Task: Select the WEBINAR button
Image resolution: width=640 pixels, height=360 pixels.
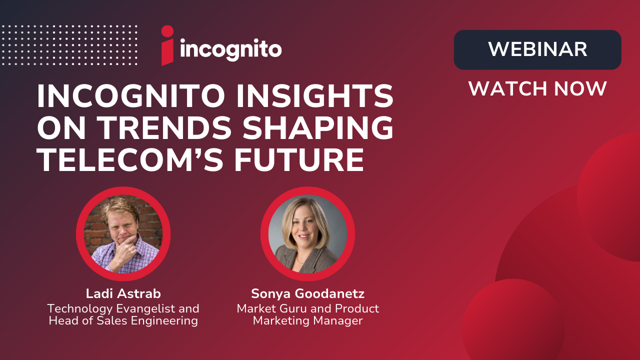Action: click(537, 49)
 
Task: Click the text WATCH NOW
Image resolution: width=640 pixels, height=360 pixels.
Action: click(537, 89)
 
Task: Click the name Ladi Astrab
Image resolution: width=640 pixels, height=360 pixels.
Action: click(123, 294)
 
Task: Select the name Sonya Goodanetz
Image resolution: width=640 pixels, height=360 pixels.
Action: click(307, 294)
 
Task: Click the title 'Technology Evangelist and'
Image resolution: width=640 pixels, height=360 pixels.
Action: click(123, 308)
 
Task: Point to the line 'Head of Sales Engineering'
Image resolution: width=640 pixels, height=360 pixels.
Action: click(123, 320)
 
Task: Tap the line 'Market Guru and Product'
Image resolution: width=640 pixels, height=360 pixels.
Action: click(307, 308)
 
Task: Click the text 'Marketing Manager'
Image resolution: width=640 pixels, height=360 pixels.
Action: click(307, 320)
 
